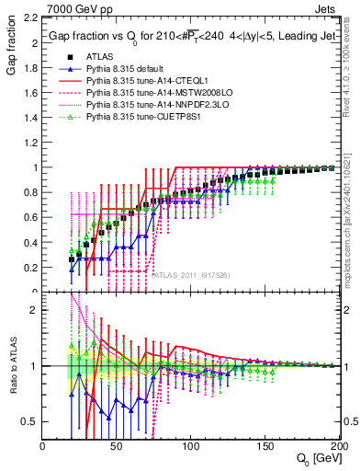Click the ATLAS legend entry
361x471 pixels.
(100, 58)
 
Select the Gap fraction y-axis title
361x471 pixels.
(12, 52)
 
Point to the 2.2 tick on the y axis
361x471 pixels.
(28, 18)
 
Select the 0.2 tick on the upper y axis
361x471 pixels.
(28, 268)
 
